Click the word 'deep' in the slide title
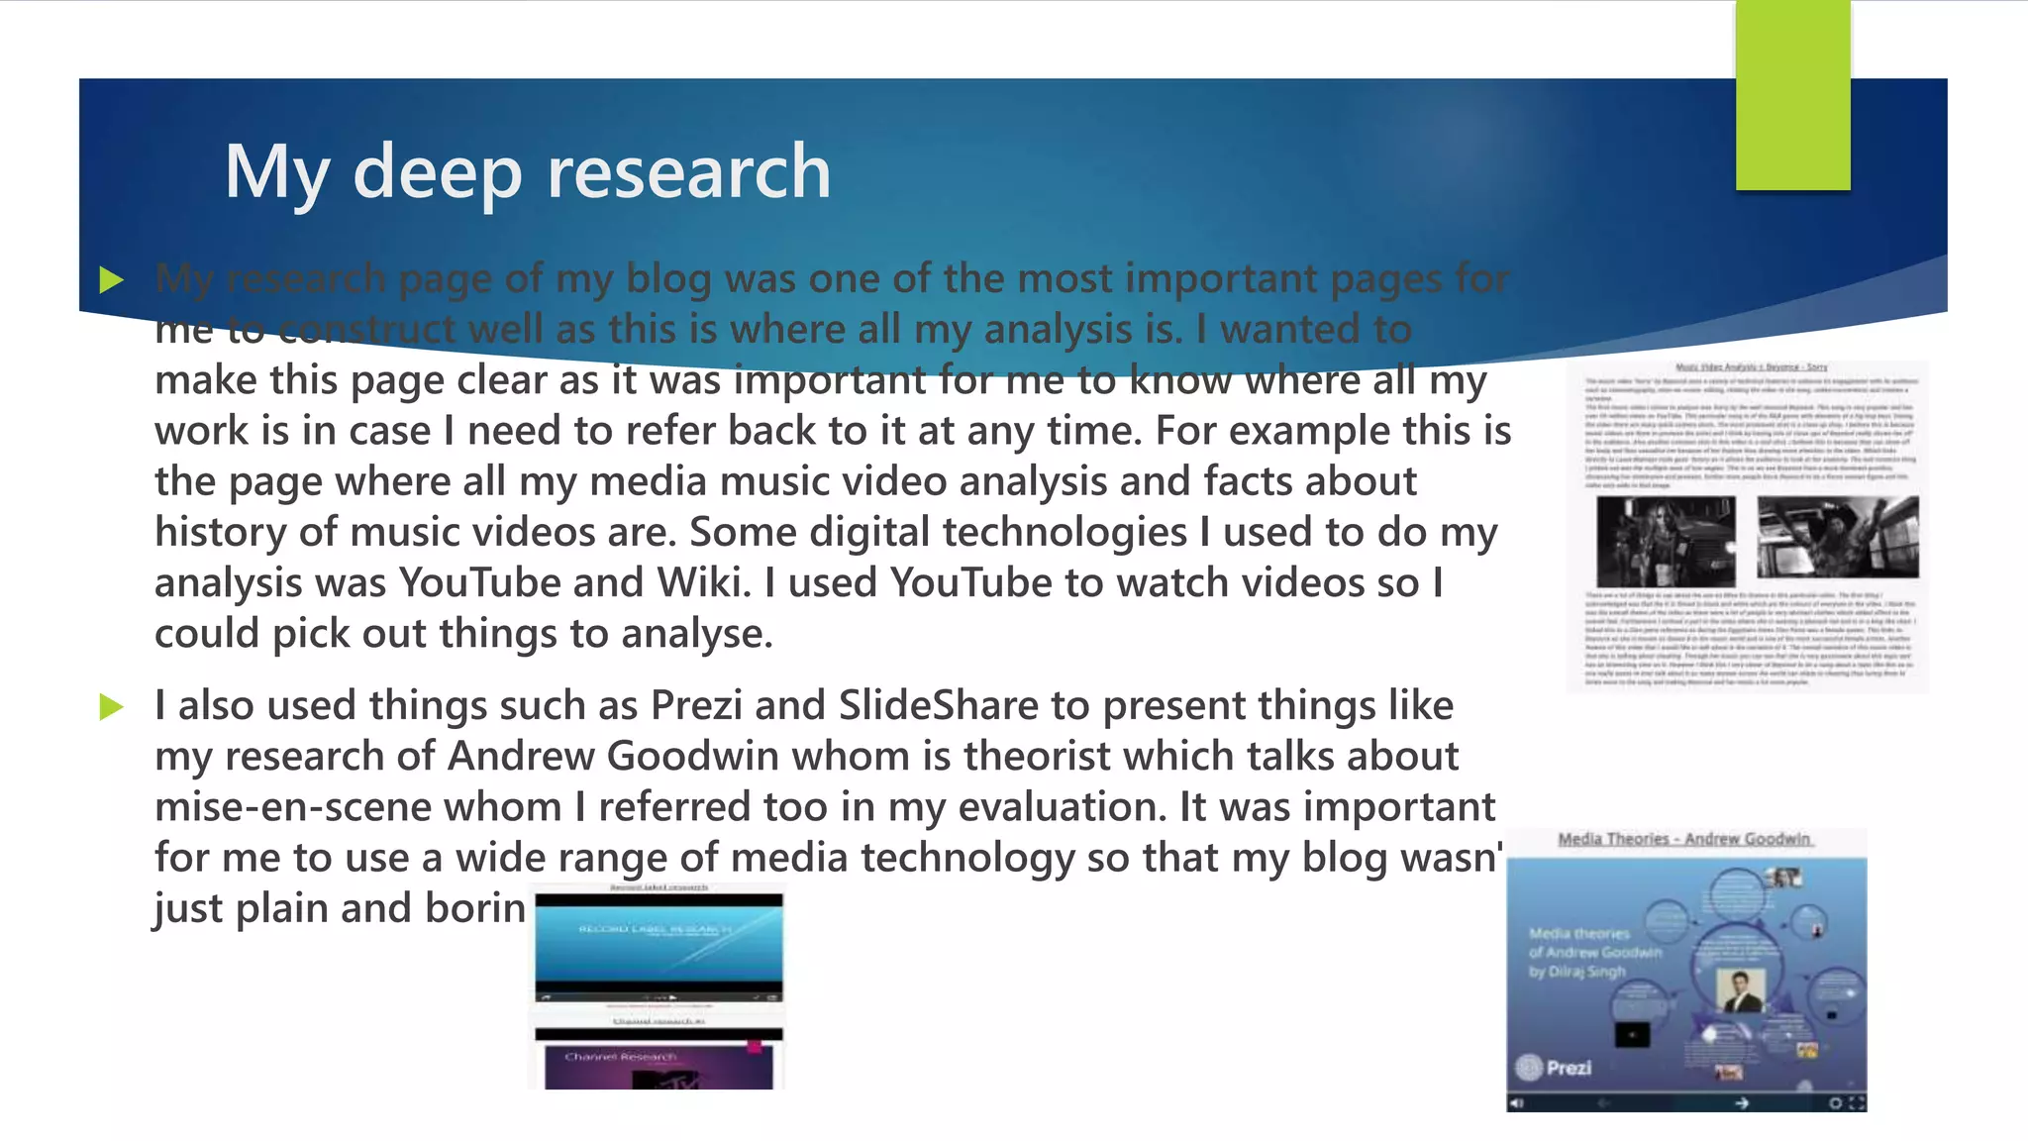pos(437,172)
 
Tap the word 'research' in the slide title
pos(689,172)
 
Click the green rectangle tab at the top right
pos(1792,95)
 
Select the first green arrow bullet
pos(112,280)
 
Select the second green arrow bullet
pos(112,707)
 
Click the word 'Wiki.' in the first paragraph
pos(701,582)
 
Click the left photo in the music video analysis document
pos(1666,541)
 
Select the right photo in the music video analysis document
pos(1837,537)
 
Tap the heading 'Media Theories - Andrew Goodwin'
pos(1684,840)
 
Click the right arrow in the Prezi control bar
pos(1741,1102)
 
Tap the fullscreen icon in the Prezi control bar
pos(1857,1102)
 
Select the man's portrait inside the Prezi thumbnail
pos(1739,990)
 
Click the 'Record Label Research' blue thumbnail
pos(659,946)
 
